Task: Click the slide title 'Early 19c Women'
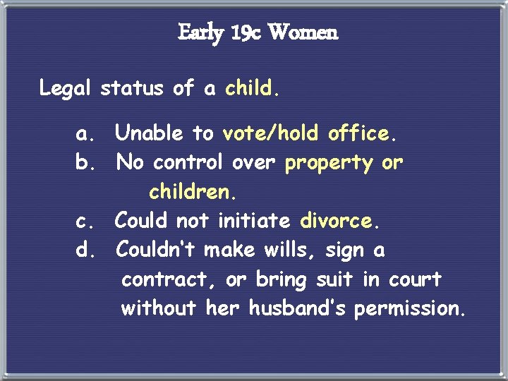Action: click(258, 32)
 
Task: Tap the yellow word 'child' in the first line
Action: click(249, 89)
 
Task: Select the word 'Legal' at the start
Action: click(66, 89)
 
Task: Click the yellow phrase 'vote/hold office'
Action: click(306, 133)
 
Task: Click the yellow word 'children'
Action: click(188, 192)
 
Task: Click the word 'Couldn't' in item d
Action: click(156, 250)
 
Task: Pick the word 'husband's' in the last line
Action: click(297, 309)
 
